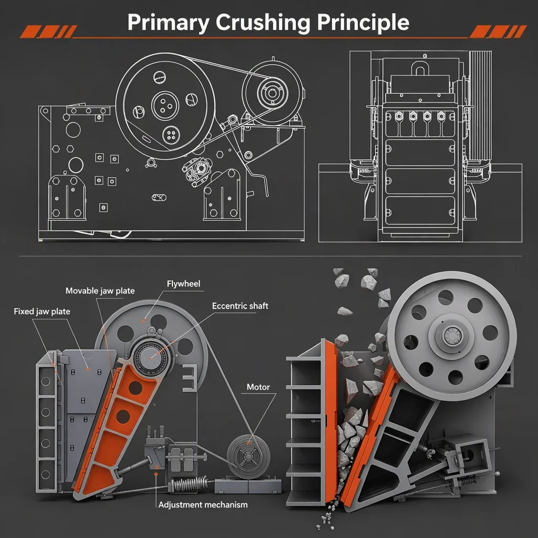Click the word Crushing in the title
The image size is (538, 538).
point(263,23)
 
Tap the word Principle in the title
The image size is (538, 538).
point(363,23)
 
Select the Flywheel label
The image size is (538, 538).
point(183,284)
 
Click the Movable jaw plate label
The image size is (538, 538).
point(100,291)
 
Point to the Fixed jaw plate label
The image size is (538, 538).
point(42,312)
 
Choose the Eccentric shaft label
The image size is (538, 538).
point(240,306)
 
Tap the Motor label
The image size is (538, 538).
point(258,387)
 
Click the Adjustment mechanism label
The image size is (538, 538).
point(203,505)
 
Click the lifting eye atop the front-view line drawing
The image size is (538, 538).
point(420,67)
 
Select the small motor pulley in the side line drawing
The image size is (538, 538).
point(273,93)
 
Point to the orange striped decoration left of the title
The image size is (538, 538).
point(48,32)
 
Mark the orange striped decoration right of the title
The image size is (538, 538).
point(498,32)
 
